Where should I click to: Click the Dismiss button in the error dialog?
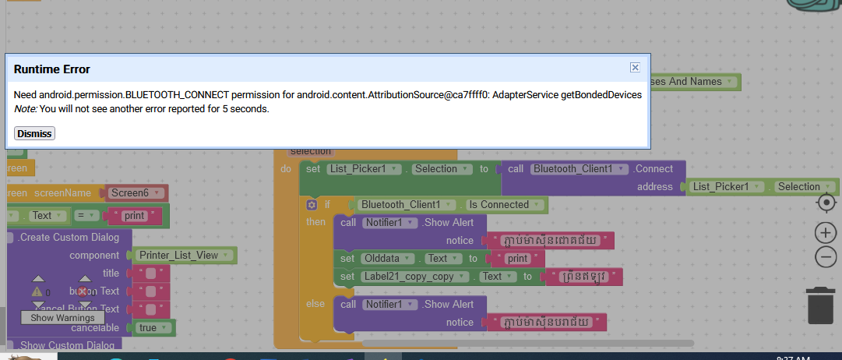[35, 133]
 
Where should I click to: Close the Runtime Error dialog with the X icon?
[635, 68]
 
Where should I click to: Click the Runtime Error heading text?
[52, 69]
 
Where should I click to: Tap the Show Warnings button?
[62, 317]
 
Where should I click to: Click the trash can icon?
[820, 305]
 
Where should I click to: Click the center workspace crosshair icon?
[826, 203]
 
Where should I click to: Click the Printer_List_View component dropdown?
[184, 255]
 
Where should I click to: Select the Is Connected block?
[504, 205]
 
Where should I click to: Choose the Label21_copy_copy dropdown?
[416, 276]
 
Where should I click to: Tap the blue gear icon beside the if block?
[312, 205]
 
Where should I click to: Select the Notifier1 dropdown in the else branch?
[386, 304]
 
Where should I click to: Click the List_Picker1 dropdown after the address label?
[725, 187]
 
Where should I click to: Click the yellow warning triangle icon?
[37, 291]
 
